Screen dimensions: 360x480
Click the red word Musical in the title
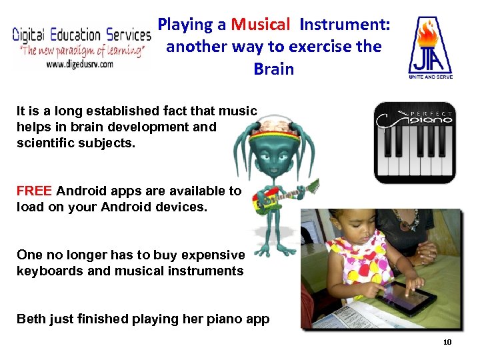coord(261,25)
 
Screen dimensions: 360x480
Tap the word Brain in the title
coord(274,69)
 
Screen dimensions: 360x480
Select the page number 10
coord(447,342)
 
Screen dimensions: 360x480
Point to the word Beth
coord(31,319)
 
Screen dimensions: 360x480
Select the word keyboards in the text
coord(48,271)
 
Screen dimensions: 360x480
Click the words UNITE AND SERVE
coord(430,77)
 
